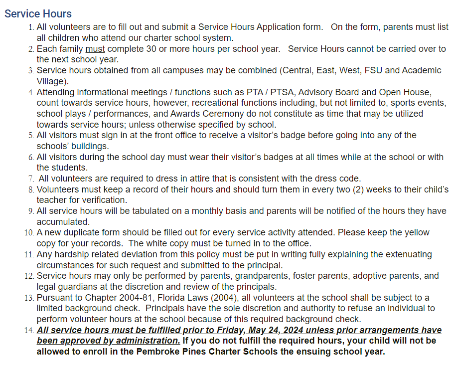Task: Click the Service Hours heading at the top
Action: pyautogui.click(x=38, y=13)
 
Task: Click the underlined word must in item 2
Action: pyautogui.click(x=95, y=49)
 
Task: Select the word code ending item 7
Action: pyautogui.click(x=350, y=179)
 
